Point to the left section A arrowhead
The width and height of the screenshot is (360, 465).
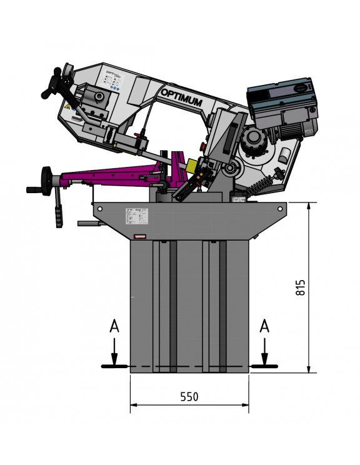coord(114,360)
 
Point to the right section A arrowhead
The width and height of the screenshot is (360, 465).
coord(264,360)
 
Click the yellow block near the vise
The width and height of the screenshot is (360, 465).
coord(192,166)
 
